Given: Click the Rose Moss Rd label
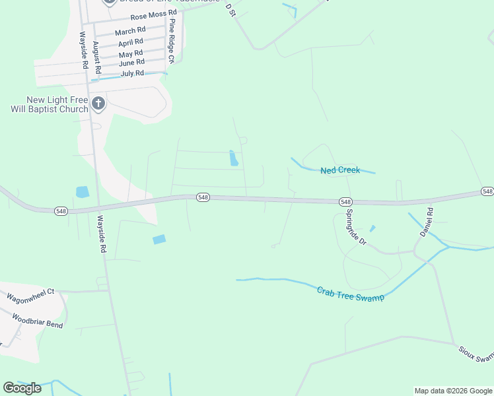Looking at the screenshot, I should pyautogui.click(x=153, y=13).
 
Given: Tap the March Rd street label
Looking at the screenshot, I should pyautogui.click(x=130, y=31).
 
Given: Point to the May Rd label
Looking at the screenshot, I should pyautogui.click(x=131, y=53).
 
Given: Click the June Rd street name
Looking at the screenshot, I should pyautogui.click(x=131, y=63).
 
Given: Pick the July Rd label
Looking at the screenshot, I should pyautogui.click(x=132, y=73).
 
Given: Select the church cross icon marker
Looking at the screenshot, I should pyautogui.click(x=98, y=102).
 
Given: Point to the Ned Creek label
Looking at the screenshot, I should pyautogui.click(x=340, y=170).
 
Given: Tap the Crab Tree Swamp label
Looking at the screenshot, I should pyautogui.click(x=350, y=294).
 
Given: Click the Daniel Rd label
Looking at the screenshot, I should pyautogui.click(x=426, y=222).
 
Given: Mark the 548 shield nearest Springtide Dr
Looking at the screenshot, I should pyautogui.click(x=345, y=201).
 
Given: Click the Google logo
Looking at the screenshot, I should pyautogui.click(x=22, y=388).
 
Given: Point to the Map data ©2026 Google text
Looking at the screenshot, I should pyautogui.click(x=453, y=391).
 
